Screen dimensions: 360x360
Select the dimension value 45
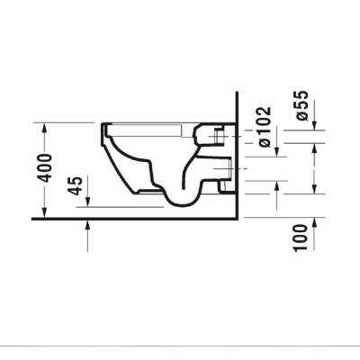click(x=76, y=186)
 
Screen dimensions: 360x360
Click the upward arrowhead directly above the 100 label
click(x=312, y=222)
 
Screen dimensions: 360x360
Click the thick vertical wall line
click(x=236, y=153)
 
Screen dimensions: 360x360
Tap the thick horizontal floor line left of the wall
click(x=135, y=218)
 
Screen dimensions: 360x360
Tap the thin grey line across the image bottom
click(x=180, y=346)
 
